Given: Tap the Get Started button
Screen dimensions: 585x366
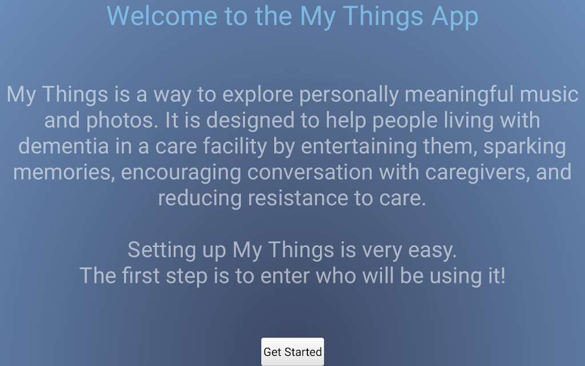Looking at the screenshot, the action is pos(292,352).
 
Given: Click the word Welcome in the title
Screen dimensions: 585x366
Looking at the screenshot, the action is pos(162,16).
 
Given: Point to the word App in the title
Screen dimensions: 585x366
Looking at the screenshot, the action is pos(455,17).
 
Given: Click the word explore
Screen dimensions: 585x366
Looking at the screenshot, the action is pos(258,94).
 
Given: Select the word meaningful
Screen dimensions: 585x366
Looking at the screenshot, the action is pos(459,94).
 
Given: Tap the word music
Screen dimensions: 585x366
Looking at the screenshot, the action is pos(549,94).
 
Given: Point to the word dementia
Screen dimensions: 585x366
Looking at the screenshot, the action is pos(63,146).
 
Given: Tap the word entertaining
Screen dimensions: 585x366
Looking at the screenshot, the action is pos(359,146).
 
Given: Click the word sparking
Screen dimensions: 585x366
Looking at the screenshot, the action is pos(525,146).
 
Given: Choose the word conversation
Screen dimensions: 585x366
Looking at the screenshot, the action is pos(310,173).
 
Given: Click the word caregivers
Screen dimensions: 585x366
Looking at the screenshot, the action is pos(478,173).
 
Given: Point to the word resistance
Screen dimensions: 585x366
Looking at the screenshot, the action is pos(298,198).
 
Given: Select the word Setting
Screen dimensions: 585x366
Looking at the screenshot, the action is pos(162,250).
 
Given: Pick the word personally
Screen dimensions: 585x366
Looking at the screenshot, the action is pos(349,94).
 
